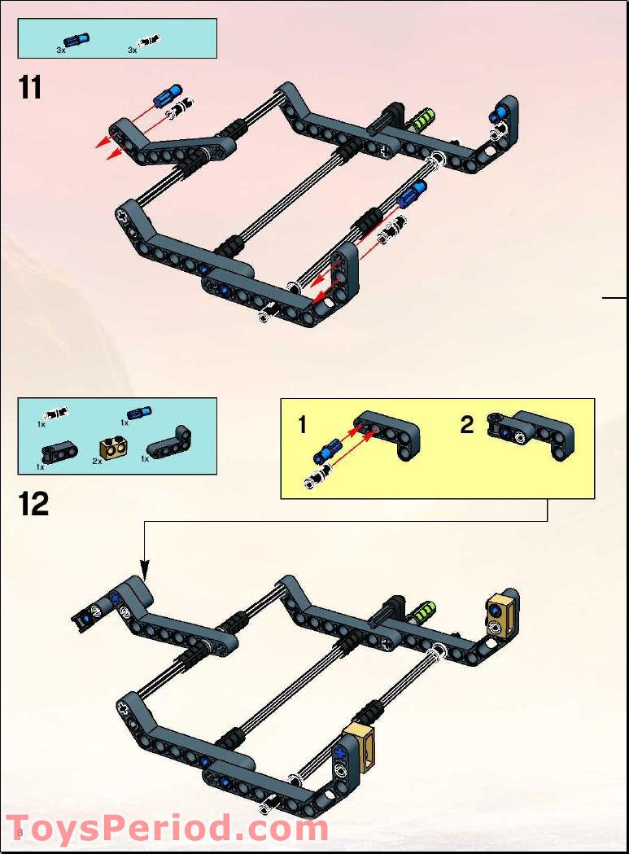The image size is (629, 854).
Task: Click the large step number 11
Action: click(x=30, y=87)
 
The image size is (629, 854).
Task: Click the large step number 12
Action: click(x=34, y=504)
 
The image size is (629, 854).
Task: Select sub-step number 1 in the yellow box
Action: click(x=302, y=424)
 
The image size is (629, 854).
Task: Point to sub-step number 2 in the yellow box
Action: click(x=466, y=424)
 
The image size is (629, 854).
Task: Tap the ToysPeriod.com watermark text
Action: click(x=167, y=828)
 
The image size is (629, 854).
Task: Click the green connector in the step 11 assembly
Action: click(x=423, y=120)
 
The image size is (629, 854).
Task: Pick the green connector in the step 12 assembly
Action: click(x=423, y=611)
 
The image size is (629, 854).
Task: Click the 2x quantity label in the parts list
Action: click(x=97, y=461)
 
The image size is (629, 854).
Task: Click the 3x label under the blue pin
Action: click(x=61, y=50)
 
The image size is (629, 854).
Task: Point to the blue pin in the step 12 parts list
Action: click(x=139, y=413)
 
